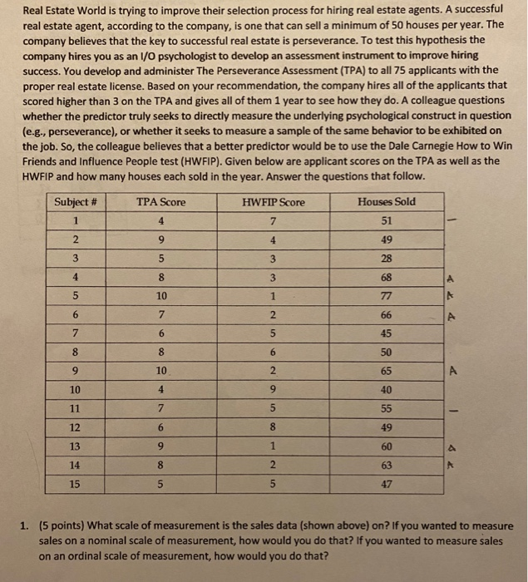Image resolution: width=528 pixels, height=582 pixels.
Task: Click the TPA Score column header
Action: coord(160,202)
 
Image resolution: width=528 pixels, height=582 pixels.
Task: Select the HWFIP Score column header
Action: coord(274,202)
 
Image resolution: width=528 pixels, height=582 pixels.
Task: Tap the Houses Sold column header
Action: coord(387,202)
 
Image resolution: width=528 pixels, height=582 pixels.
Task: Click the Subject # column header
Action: coord(76,202)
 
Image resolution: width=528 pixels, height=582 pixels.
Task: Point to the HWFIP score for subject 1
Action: coord(274,221)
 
